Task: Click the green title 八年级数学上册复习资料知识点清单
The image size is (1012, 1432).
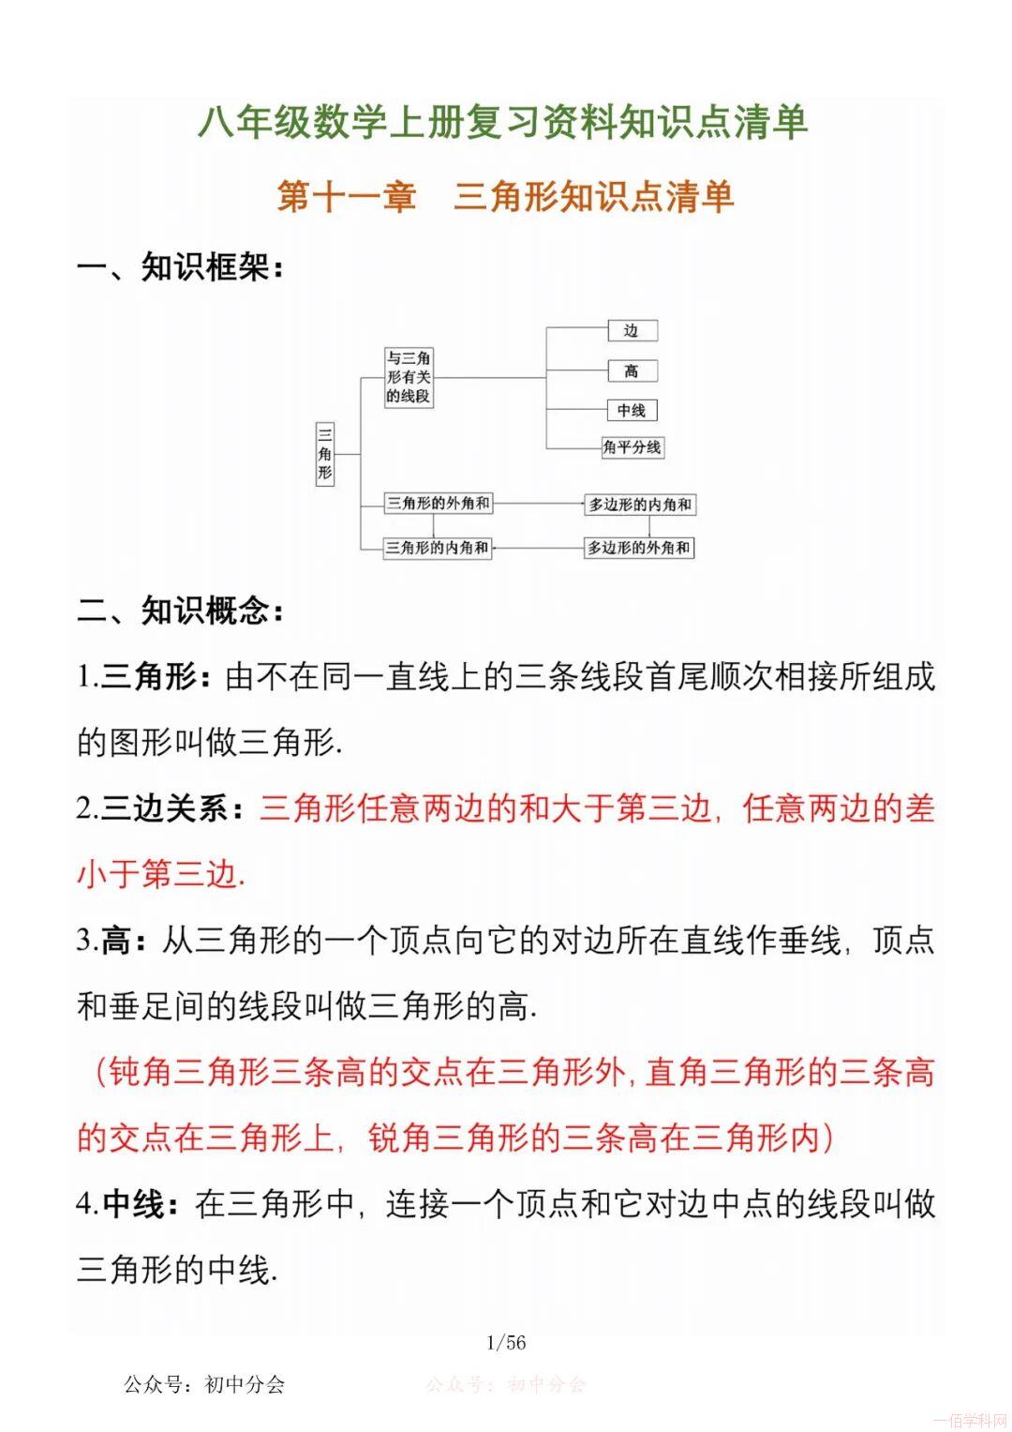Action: (x=502, y=123)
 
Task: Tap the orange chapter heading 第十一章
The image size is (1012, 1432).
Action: (x=347, y=197)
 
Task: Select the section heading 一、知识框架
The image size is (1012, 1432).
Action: (x=180, y=267)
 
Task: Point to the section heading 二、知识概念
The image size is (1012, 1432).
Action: (x=180, y=611)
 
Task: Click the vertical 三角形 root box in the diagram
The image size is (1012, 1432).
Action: (x=324, y=454)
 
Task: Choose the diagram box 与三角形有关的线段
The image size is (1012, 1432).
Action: (x=409, y=377)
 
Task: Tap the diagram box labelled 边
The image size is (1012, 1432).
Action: (x=632, y=330)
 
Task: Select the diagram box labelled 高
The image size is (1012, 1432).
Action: (x=632, y=371)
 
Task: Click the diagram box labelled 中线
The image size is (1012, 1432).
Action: (x=632, y=410)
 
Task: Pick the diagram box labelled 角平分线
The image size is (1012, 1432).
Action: (x=632, y=447)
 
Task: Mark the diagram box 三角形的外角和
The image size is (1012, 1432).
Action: (x=439, y=504)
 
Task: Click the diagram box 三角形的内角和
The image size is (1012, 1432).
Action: (x=438, y=548)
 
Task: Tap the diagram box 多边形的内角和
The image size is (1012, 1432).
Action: (x=640, y=505)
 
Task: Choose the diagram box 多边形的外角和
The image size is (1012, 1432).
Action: (x=639, y=548)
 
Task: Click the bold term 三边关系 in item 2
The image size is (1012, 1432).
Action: (x=165, y=808)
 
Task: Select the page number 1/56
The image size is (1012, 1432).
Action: (x=506, y=1343)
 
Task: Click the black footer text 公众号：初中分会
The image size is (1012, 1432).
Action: (x=204, y=1384)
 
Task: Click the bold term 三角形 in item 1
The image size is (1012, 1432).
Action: (x=149, y=677)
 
